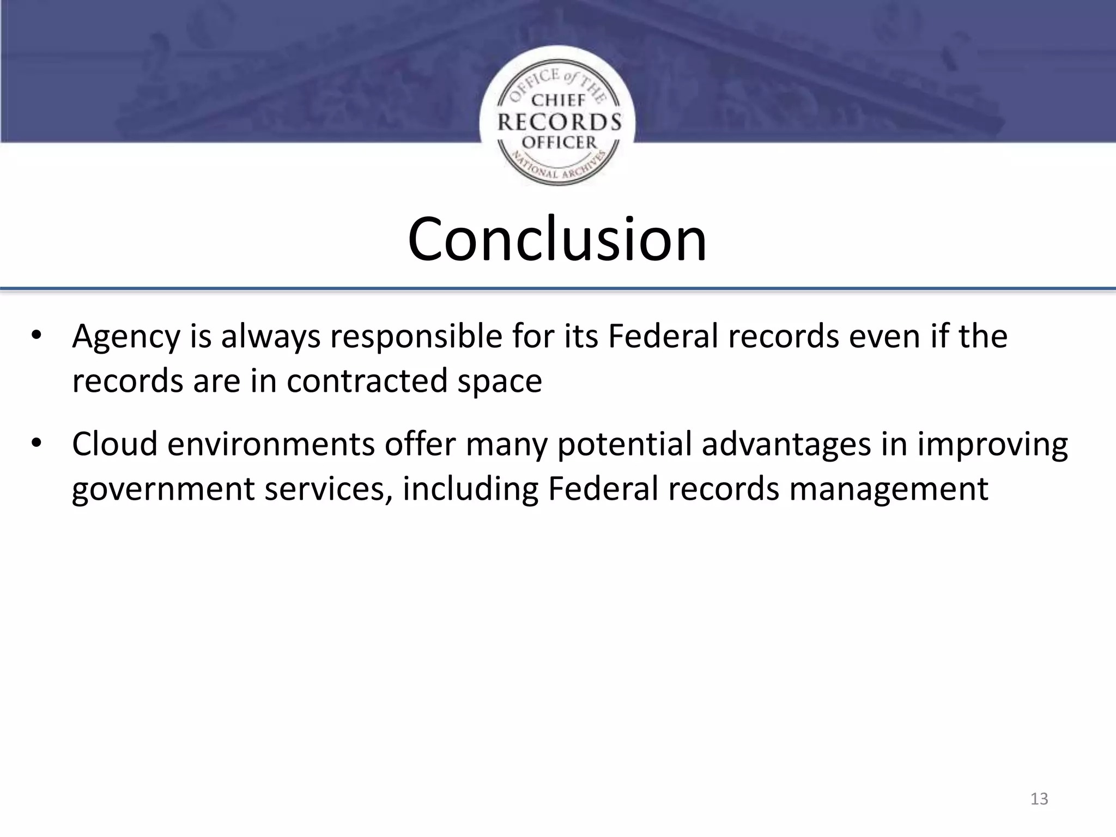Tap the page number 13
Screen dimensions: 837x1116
[x=1039, y=799]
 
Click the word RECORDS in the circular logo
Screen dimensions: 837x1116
[x=559, y=122]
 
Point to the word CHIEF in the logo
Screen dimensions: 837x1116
[x=558, y=100]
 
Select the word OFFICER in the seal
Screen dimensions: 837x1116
[x=559, y=143]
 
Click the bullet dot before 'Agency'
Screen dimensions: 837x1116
[x=36, y=336]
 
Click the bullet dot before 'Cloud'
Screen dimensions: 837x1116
[x=36, y=444]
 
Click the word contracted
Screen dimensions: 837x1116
[x=367, y=380]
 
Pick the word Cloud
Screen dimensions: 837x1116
[x=114, y=444]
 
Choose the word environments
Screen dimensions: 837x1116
[x=271, y=445]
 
